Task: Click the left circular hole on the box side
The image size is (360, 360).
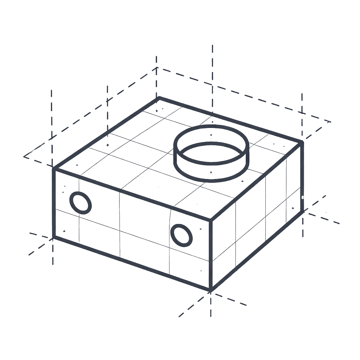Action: (81, 203)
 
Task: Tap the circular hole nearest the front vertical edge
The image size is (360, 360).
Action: (181, 234)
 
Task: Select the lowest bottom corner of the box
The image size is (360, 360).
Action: (211, 289)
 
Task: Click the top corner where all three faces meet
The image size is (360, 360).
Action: (211, 220)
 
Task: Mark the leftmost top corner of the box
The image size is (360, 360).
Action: (54, 169)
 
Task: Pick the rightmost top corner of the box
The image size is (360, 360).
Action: (302, 142)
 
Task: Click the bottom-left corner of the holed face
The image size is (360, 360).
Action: (54, 237)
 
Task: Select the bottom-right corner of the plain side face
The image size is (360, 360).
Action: (302, 211)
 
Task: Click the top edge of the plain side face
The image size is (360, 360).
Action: (256, 181)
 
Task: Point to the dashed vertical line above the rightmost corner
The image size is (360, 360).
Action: (302, 112)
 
